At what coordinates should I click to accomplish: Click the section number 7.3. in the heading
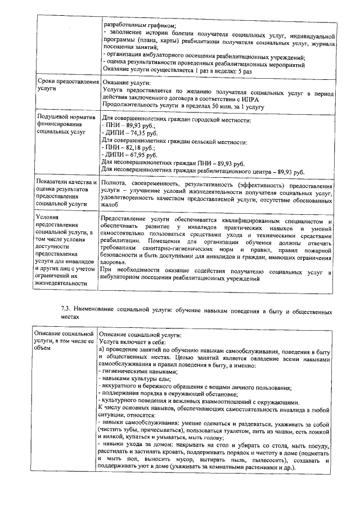tap(66, 310)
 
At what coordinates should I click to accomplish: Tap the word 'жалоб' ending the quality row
tap(111, 206)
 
